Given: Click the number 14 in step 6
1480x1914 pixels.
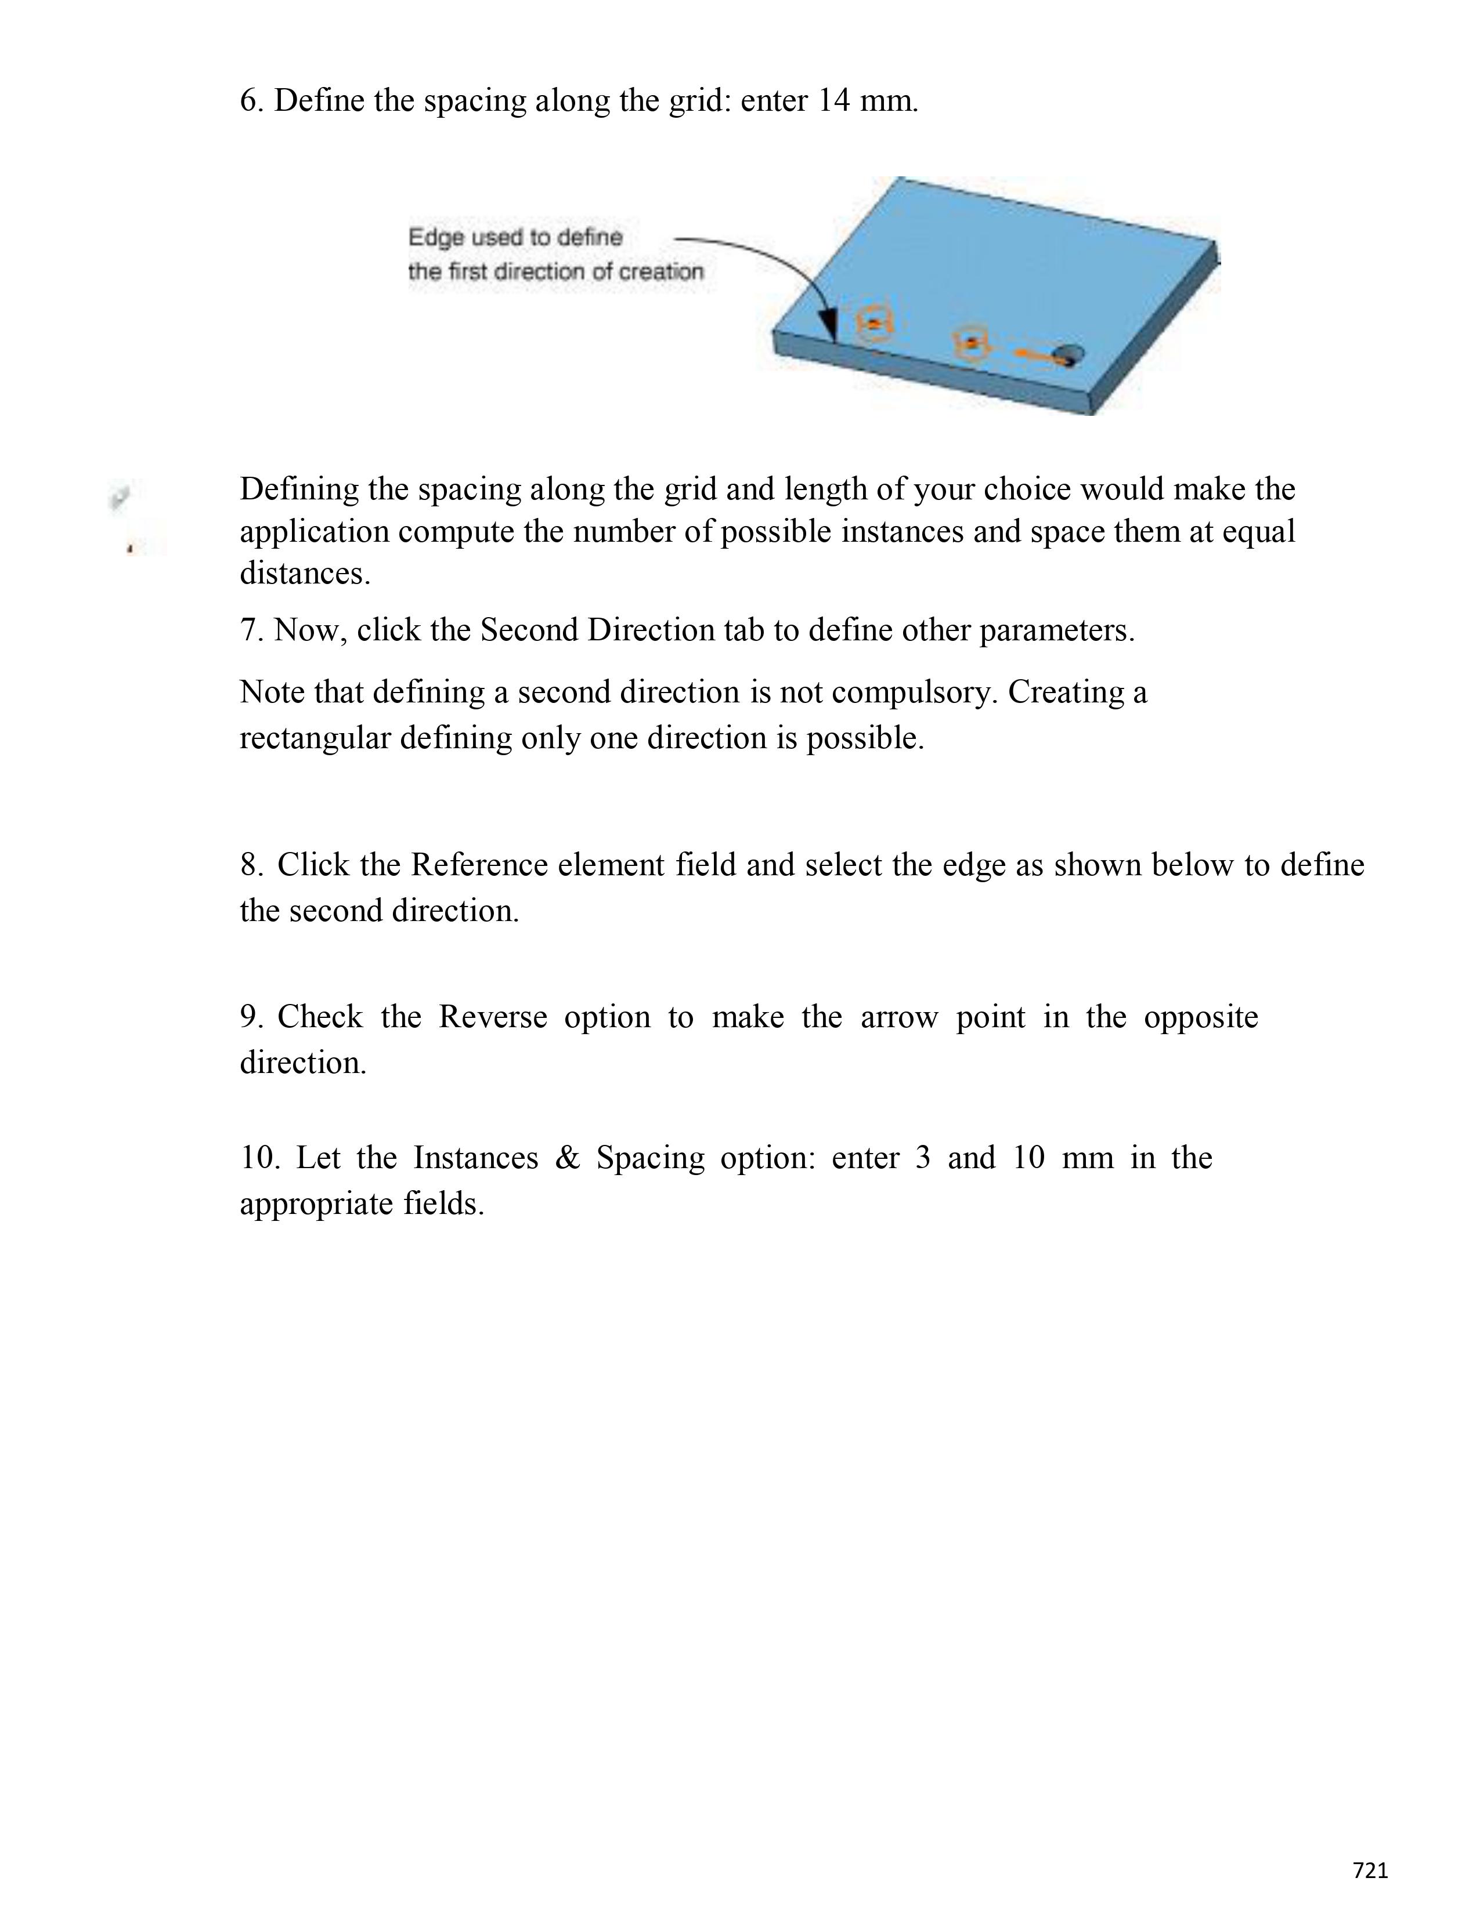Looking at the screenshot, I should [x=834, y=101].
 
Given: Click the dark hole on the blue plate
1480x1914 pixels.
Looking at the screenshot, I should [x=1069, y=355].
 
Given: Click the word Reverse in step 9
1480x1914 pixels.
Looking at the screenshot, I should [x=492, y=1017].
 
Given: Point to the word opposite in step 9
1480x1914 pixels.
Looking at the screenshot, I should [x=1200, y=1017].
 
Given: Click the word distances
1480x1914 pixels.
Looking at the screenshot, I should [x=305, y=574].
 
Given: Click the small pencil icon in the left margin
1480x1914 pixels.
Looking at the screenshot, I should [x=119, y=497].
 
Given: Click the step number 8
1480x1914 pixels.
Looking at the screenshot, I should [x=252, y=865].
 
